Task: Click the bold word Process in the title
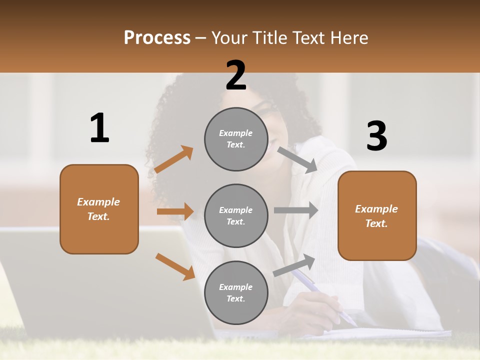click(x=157, y=38)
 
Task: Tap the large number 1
click(x=99, y=128)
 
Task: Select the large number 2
click(x=236, y=76)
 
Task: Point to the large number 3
click(x=376, y=136)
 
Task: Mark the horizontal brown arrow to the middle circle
click(x=175, y=211)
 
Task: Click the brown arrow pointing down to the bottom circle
click(x=175, y=266)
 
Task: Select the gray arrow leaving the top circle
click(x=297, y=160)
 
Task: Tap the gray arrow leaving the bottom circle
click(x=294, y=265)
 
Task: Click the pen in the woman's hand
click(x=320, y=295)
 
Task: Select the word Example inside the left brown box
click(x=98, y=202)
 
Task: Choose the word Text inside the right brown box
click(x=376, y=223)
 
